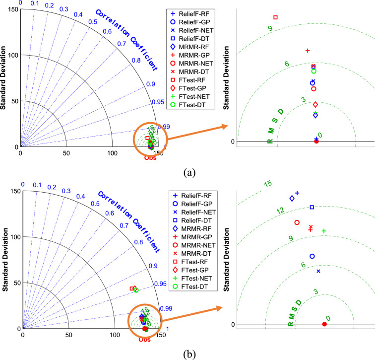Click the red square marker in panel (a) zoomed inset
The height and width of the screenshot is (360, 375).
(x=275, y=17)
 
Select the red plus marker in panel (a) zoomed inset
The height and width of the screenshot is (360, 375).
(x=308, y=50)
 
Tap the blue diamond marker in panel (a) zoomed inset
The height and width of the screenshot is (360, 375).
(x=315, y=115)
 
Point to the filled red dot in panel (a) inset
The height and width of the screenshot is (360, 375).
(x=316, y=142)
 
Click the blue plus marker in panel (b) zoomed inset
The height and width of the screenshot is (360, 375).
(x=297, y=193)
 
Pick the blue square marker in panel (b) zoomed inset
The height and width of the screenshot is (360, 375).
(x=312, y=207)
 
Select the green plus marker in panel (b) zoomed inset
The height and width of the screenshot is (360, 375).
(x=323, y=231)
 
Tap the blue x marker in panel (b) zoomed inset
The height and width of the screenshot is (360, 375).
(x=318, y=271)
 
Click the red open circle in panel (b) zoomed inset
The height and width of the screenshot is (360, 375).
(x=297, y=222)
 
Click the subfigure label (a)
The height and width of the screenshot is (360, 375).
(x=188, y=172)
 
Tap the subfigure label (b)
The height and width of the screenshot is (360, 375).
(x=188, y=354)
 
